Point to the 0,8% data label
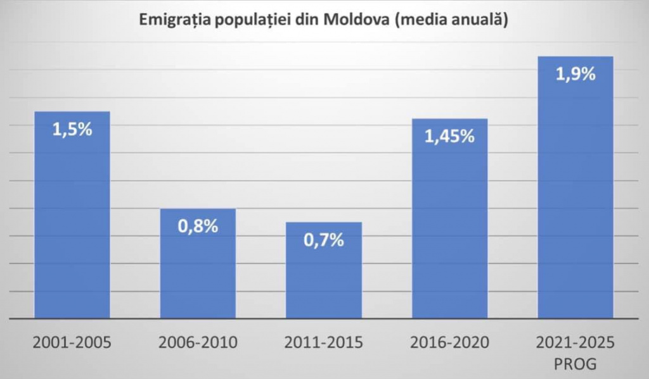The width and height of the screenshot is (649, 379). click(x=198, y=227)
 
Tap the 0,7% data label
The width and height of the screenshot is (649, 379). click(x=324, y=240)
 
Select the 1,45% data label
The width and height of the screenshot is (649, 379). click(x=450, y=137)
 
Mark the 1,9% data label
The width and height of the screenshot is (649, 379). click(x=575, y=75)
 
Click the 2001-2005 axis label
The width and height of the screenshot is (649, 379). click(x=72, y=343)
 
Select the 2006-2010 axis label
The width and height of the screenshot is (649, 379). click(x=198, y=343)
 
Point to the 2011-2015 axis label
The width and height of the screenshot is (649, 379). click(x=324, y=343)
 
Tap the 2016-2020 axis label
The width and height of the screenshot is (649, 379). click(x=450, y=343)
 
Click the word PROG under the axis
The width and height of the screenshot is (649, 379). click(x=575, y=365)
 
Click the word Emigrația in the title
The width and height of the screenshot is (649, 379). click(x=173, y=20)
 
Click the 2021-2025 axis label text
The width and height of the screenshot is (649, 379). click(x=575, y=343)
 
